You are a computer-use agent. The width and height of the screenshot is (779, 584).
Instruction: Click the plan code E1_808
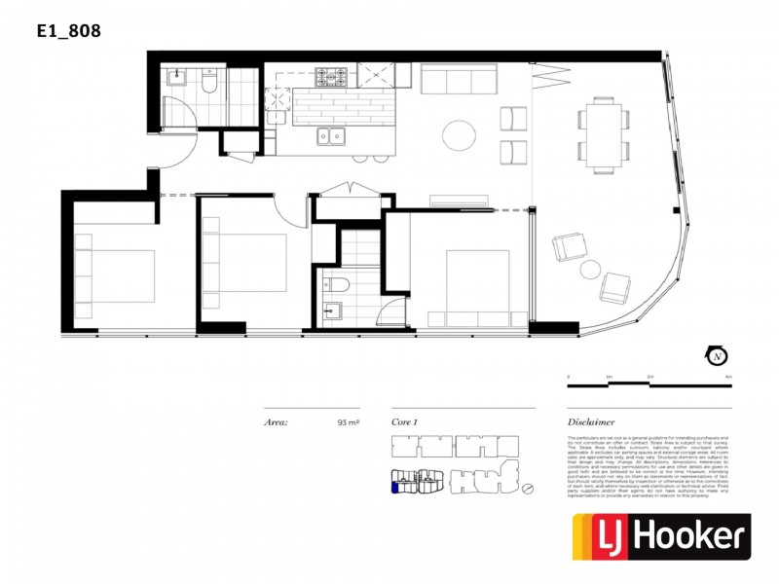pos(68,31)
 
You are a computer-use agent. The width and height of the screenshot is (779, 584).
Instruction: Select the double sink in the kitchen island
pos(332,136)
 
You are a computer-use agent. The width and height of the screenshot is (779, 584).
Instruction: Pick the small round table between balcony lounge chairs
pos(591,269)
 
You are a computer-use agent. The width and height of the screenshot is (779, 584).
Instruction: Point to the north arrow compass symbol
pos(717,356)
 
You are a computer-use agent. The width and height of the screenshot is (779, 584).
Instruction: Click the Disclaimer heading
pos(591,423)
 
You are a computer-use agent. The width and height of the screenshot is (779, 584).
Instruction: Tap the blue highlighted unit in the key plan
pos(394,486)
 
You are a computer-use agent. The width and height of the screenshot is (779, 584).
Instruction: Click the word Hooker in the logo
pos(691,537)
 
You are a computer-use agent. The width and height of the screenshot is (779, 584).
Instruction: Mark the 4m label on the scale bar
pos(728,375)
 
